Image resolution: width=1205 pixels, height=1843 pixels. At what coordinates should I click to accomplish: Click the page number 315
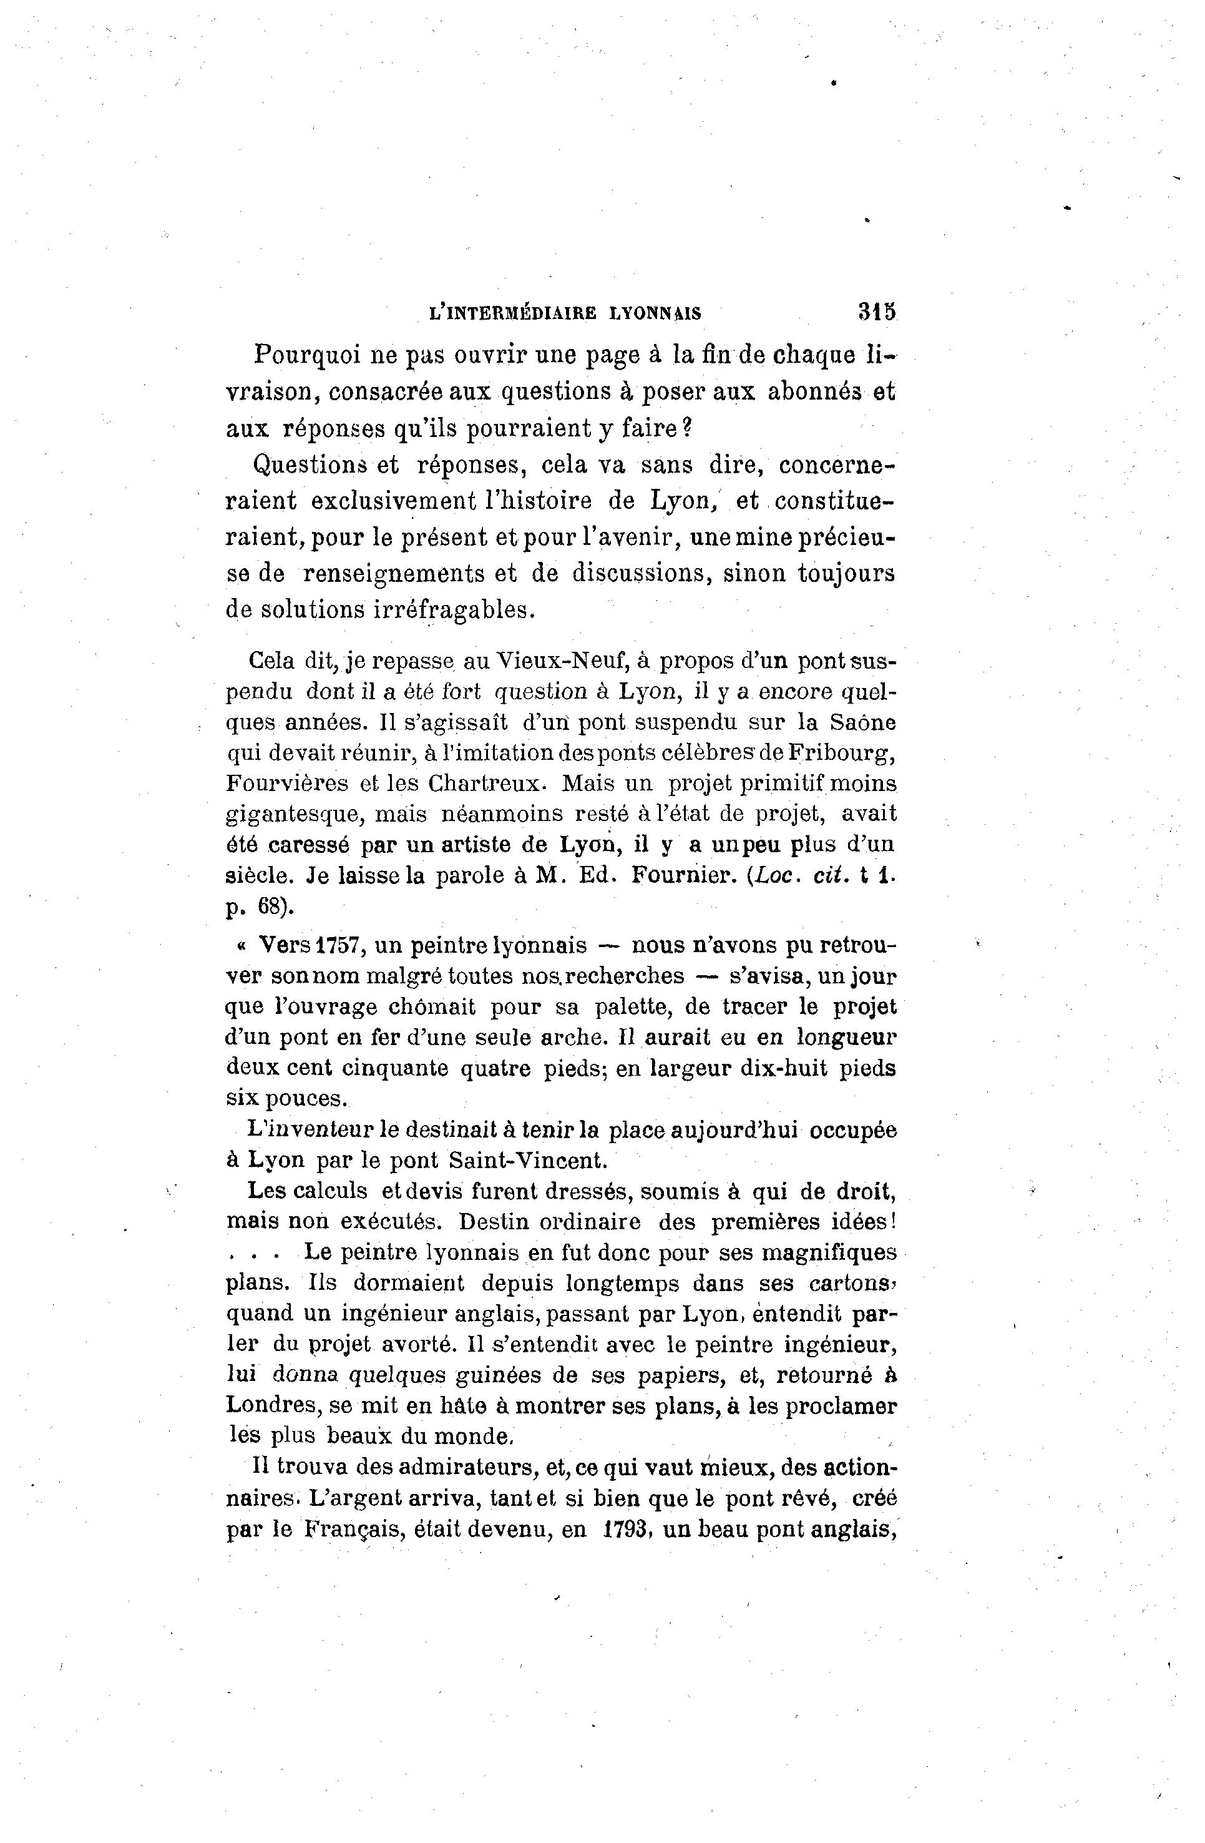[x=876, y=312]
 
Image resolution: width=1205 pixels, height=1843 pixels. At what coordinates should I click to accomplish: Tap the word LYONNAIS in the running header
[x=655, y=313]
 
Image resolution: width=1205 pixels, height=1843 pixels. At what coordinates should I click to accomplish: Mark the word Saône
[x=863, y=722]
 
